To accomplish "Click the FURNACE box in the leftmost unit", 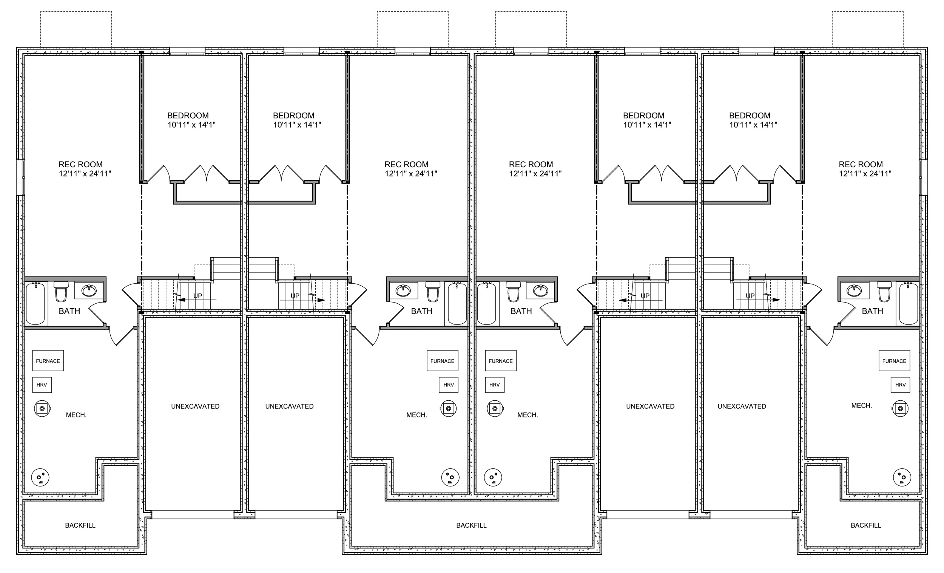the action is [x=48, y=361].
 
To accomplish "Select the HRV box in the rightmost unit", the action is [x=900, y=385].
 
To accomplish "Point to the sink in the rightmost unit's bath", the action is [x=855, y=291].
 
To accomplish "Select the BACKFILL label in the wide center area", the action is [x=471, y=525].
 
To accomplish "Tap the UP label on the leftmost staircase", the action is [x=198, y=296].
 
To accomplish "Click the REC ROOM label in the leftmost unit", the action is [x=80, y=164].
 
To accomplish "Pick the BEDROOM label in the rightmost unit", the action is [x=750, y=115].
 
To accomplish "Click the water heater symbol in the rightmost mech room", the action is [x=901, y=409].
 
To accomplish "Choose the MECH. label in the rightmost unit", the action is [x=862, y=406].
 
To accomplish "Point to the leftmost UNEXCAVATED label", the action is [x=195, y=406].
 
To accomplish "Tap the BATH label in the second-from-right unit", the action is [x=521, y=311].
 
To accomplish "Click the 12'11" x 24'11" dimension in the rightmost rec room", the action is [x=865, y=174].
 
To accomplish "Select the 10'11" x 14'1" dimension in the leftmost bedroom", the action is [x=191, y=125].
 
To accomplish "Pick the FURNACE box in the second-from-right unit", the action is [x=501, y=361].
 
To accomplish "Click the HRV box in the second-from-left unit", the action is [x=449, y=385].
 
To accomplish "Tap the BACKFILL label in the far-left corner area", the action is [x=80, y=525].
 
